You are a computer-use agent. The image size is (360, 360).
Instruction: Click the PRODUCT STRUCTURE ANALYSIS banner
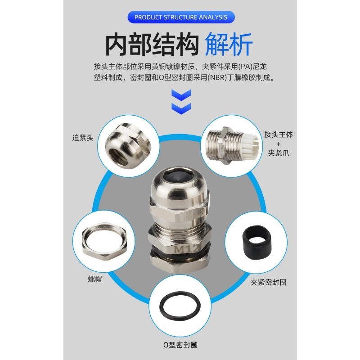tap(181, 17)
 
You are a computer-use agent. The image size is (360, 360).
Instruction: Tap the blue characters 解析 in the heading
tap(229, 44)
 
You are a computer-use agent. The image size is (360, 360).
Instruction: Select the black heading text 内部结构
tap(152, 44)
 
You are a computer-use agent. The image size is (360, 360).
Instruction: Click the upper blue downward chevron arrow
tap(181, 95)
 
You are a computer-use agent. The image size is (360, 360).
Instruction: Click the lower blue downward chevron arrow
tap(181, 108)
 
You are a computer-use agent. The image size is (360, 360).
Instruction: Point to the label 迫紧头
tap(83, 138)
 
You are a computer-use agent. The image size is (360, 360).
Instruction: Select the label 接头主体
tap(279, 134)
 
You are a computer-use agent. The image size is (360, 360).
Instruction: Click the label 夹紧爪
tap(279, 153)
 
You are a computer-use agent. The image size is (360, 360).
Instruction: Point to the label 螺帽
tap(95, 279)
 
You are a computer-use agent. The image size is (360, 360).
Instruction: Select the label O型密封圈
tap(180, 345)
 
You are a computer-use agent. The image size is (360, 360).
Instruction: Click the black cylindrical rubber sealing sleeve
tap(256, 243)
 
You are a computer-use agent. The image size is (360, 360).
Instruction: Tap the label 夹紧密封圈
tap(268, 282)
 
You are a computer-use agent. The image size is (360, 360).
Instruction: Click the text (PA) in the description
tap(245, 67)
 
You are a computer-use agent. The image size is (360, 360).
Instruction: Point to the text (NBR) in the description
tap(217, 77)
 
